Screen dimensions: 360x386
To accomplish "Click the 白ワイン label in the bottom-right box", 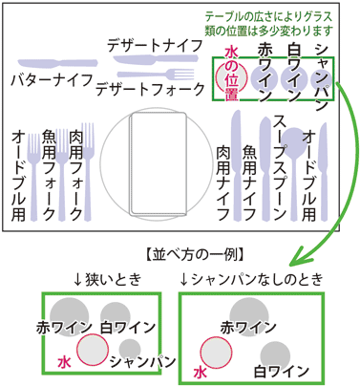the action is [281, 370].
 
